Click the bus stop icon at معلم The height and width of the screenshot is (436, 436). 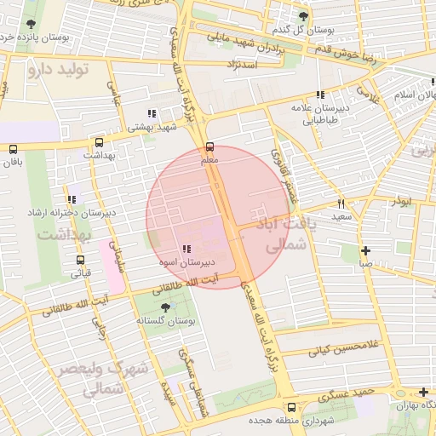pos(210,146)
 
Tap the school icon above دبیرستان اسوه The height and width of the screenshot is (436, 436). pos(186,249)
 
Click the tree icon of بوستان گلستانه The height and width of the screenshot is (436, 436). pos(165,307)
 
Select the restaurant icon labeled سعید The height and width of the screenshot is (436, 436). pos(341,204)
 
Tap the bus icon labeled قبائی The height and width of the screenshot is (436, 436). pos(81,260)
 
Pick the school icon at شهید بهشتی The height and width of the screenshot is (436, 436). pos(152,113)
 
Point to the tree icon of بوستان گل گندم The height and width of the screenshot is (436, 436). pos(303,17)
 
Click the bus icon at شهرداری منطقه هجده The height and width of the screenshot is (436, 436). pos(292,407)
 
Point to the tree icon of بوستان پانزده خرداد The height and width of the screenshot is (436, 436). pos(31,24)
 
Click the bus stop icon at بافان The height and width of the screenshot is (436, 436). pos(13,148)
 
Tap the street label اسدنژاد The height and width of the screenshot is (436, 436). pos(242,64)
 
